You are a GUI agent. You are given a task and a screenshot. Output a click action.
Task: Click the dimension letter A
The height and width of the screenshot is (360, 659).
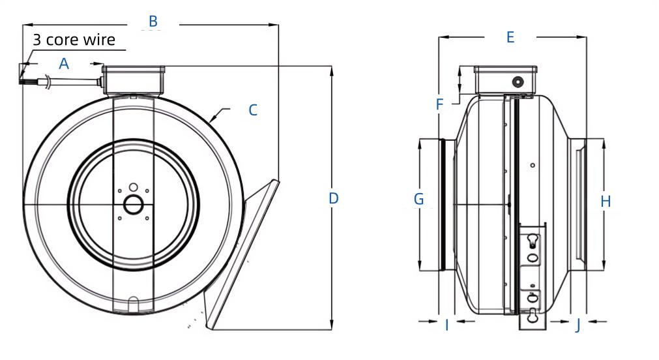64,63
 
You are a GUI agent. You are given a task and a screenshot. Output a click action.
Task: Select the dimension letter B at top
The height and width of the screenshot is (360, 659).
153,22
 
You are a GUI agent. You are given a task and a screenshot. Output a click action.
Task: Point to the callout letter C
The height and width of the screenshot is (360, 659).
253,110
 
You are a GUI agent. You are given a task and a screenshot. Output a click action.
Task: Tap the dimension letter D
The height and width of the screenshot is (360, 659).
334,198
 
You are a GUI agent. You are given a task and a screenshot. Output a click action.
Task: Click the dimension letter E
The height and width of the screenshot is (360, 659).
510,37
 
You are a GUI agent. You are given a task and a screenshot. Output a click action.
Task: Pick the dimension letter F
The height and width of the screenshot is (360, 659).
439,104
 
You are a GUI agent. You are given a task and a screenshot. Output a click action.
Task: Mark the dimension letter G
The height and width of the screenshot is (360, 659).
419,199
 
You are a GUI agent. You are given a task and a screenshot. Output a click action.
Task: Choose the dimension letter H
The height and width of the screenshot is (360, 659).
606,202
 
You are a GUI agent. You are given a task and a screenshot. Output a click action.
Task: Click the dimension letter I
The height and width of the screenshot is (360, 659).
447,325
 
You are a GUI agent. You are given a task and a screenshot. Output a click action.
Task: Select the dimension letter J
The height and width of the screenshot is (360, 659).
578,325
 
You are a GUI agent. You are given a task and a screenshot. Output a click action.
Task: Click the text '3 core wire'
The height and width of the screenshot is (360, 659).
74,40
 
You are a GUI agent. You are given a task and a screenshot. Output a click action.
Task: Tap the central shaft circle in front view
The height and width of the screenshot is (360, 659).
134,204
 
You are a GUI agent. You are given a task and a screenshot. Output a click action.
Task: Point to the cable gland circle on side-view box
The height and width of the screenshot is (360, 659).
518,82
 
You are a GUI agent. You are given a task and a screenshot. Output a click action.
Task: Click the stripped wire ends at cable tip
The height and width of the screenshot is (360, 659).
24,77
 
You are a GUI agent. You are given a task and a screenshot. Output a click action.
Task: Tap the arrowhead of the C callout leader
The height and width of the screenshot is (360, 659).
213,119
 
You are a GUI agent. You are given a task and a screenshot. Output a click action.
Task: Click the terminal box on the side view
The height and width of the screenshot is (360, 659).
506,80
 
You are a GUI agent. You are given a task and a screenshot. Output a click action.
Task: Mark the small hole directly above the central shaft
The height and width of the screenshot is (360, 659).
133,186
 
